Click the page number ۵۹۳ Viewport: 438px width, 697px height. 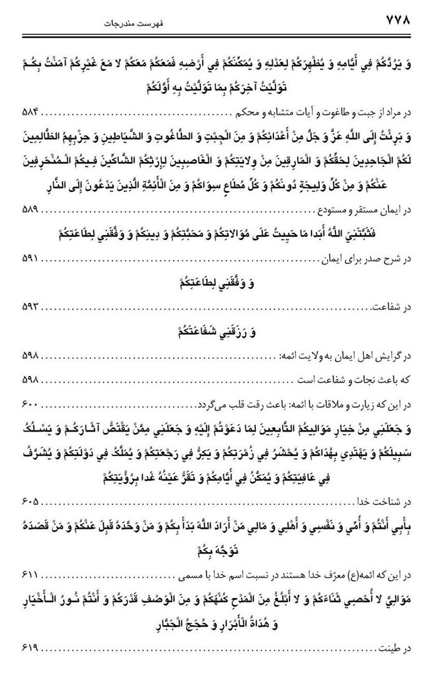pos(24,306)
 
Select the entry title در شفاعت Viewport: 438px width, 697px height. pos(403,306)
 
